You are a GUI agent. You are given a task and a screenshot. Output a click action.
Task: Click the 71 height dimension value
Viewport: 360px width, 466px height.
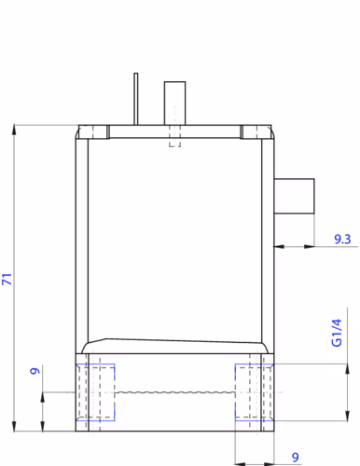click(7, 279)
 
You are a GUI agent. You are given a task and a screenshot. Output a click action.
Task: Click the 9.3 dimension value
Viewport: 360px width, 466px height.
click(342, 239)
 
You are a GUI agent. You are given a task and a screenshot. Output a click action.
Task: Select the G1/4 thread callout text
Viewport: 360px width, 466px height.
click(337, 333)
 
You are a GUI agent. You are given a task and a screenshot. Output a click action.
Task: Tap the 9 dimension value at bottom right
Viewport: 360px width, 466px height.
click(296, 457)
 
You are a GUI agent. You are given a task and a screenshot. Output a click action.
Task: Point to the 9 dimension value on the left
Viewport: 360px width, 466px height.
click(35, 371)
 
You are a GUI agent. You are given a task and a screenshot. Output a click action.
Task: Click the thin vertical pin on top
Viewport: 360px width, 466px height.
click(136, 99)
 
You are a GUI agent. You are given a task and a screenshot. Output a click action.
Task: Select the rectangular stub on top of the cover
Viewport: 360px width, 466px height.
click(174, 103)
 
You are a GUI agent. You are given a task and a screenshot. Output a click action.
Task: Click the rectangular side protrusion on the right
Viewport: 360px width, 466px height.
click(294, 196)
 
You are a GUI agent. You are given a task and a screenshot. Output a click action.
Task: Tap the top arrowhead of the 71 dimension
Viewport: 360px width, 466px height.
click(14, 130)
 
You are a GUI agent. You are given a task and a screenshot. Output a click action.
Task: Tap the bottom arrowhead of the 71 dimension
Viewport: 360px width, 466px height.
click(14, 426)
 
